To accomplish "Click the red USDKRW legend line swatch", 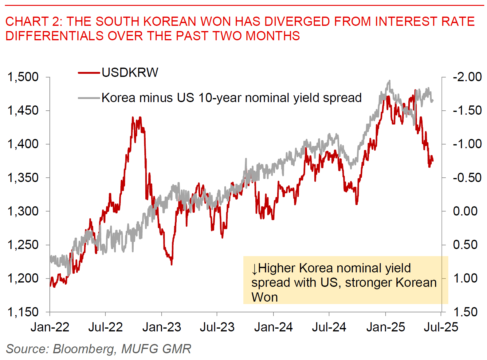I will [x=89, y=73].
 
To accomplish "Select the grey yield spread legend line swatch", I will [x=89, y=98].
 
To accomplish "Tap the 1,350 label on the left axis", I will [x=23, y=178].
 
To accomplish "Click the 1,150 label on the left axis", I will [x=23, y=312].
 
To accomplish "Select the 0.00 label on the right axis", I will [x=465, y=211].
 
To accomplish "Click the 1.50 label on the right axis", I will [x=465, y=312].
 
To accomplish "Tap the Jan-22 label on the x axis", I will [x=50, y=327].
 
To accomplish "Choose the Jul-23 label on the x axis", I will [x=217, y=327].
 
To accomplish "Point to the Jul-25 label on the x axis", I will [x=441, y=327].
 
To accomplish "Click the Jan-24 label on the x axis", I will [x=273, y=327].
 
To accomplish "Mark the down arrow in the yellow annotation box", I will [x=254, y=269].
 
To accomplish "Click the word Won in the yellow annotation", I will [x=264, y=297].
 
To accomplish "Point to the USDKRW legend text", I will [x=130, y=73].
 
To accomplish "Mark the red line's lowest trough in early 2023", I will [x=171, y=264].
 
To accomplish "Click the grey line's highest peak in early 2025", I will [x=390, y=81].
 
